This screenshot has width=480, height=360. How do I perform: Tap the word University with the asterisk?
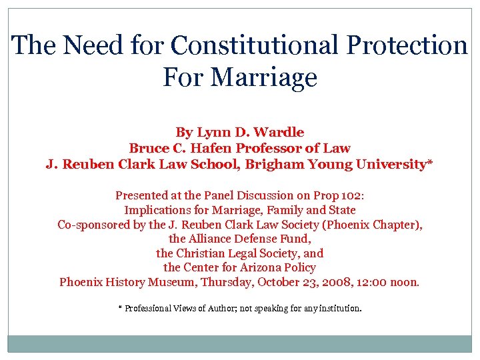389,164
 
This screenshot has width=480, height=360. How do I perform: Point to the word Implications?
159,210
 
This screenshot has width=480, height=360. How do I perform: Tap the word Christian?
204,253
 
